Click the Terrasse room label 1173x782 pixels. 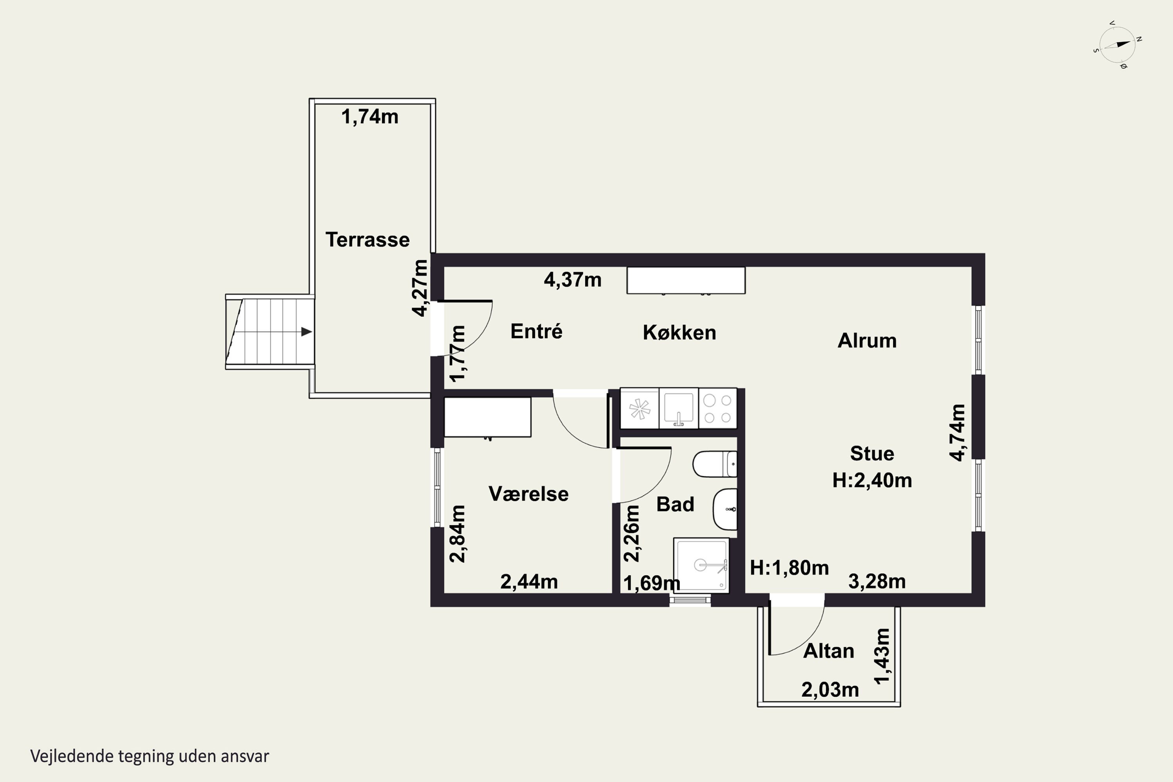tap(368, 240)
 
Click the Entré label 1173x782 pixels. tap(536, 331)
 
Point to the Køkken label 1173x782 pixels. tap(679, 333)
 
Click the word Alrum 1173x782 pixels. tap(867, 341)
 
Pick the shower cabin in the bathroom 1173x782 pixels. tap(701, 565)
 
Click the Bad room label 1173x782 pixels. tap(675, 504)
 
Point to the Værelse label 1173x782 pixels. tap(529, 494)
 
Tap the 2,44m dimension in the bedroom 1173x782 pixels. tap(529, 581)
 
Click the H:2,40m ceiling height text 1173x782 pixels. tap(872, 480)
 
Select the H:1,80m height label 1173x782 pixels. tap(789, 568)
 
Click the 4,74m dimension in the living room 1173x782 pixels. tap(958, 432)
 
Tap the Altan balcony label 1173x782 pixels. tap(829, 651)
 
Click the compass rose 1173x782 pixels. tap(1117, 45)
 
